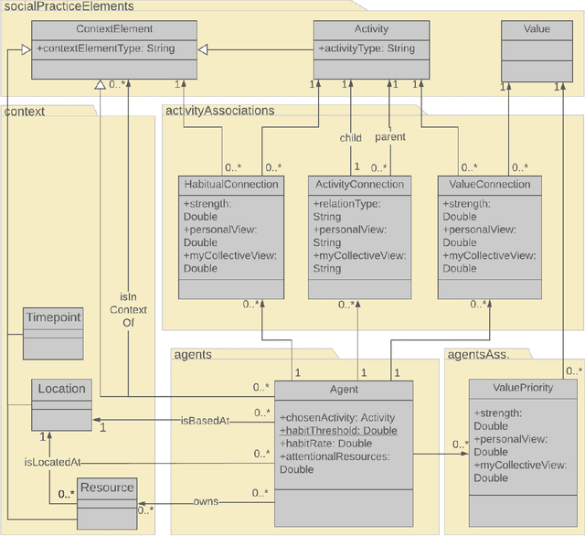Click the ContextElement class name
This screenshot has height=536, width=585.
114,29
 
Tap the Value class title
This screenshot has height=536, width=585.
537,29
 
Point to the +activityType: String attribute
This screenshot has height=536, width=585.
366,48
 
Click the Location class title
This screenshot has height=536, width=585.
61,389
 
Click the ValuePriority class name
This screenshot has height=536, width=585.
522,388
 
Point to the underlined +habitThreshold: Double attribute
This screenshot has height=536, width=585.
338,431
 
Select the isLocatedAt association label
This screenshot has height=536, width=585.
52,463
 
